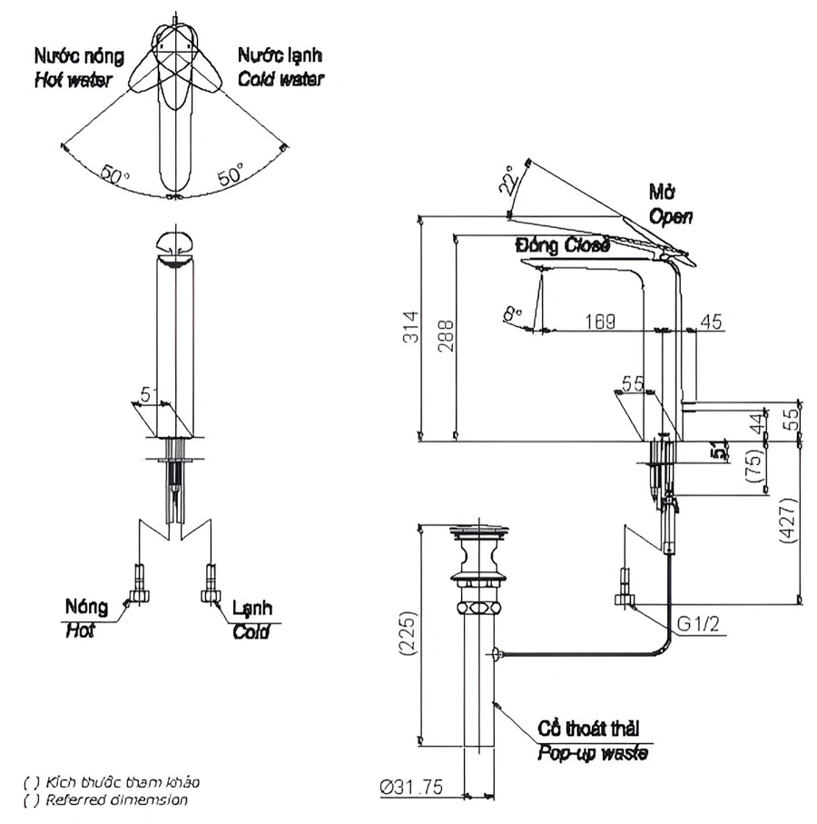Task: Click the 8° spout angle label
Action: click(x=513, y=313)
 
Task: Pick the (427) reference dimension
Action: click(x=788, y=520)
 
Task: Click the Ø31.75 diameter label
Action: click(x=412, y=788)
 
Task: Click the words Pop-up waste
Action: click(x=593, y=752)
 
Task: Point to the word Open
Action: click(x=671, y=216)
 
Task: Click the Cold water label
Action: click(x=281, y=79)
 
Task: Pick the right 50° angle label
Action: click(x=230, y=175)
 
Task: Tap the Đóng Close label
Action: click(x=562, y=244)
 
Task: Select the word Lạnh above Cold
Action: click(x=251, y=608)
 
